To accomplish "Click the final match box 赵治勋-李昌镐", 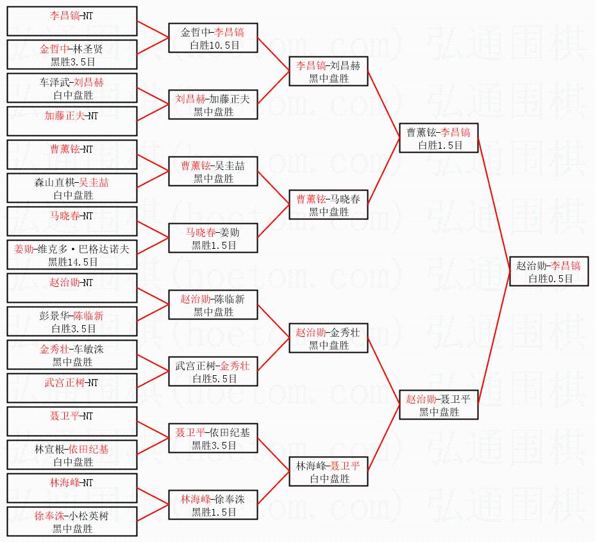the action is click(549, 271).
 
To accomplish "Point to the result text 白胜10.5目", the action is click(215, 45).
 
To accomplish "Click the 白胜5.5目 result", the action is click(215, 378).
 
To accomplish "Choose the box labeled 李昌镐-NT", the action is click(72, 21).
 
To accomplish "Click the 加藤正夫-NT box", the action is click(72, 121).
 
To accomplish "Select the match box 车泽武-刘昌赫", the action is click(72, 88).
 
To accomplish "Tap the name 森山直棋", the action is click(54, 183).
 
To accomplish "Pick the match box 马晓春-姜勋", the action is click(214, 238).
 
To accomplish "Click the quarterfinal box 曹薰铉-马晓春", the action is click(329, 205).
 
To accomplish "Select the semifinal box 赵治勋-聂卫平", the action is click(439, 405).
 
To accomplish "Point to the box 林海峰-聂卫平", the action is click(329, 471).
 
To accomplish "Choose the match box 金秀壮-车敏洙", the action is click(72, 355).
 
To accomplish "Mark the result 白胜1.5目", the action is click(440, 145).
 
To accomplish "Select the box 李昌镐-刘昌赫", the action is click(329, 71).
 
